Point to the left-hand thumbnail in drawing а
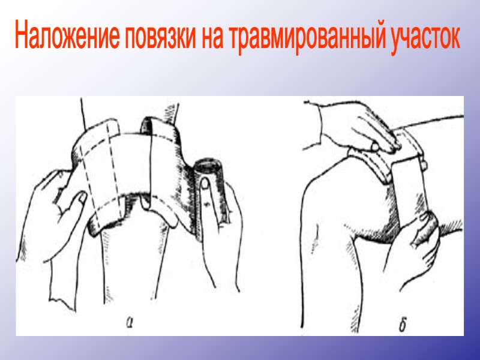pyautogui.click(x=80, y=197)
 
